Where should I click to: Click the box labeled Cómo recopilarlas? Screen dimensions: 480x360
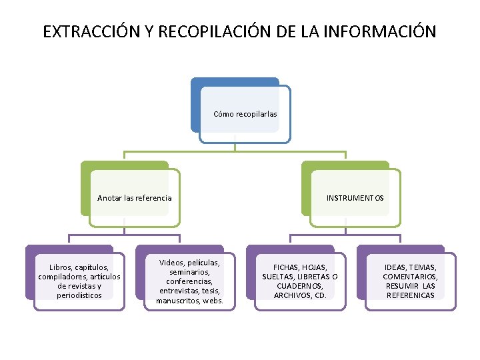245,114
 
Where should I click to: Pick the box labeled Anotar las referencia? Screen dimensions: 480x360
134,198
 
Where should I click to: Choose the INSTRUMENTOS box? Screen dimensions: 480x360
355,198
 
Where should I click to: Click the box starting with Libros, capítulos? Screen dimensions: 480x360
79,281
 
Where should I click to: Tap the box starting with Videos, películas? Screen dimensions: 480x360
190,281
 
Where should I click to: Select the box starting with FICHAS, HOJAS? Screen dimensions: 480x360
300,281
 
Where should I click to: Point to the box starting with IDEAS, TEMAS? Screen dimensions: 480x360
410,281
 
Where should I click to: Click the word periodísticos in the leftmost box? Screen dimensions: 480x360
79,295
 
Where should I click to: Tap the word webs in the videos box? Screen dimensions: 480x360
212,301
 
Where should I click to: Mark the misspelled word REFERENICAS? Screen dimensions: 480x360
410,295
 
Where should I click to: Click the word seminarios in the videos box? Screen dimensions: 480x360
190,272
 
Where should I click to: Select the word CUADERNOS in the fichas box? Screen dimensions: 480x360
300,286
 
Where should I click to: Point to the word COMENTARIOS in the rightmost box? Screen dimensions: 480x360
410,277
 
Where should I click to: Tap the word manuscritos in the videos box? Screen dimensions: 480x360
177,301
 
